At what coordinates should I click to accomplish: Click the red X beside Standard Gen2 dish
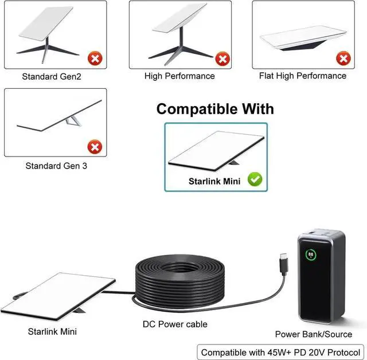(x=95, y=58)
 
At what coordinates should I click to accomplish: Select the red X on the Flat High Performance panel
(x=343, y=58)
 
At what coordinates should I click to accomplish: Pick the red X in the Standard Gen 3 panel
(x=95, y=147)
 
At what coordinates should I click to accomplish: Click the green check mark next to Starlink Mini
(x=255, y=179)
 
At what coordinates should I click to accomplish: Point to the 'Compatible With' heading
(x=215, y=109)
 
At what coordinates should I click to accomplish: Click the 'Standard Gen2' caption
(x=52, y=76)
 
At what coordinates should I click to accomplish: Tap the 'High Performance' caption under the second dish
(x=179, y=76)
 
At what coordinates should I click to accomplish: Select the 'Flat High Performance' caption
(x=303, y=76)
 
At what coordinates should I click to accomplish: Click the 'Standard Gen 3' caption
(x=56, y=166)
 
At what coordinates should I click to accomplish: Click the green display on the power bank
(x=310, y=253)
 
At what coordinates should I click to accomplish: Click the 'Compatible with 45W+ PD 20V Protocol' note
(x=280, y=352)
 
